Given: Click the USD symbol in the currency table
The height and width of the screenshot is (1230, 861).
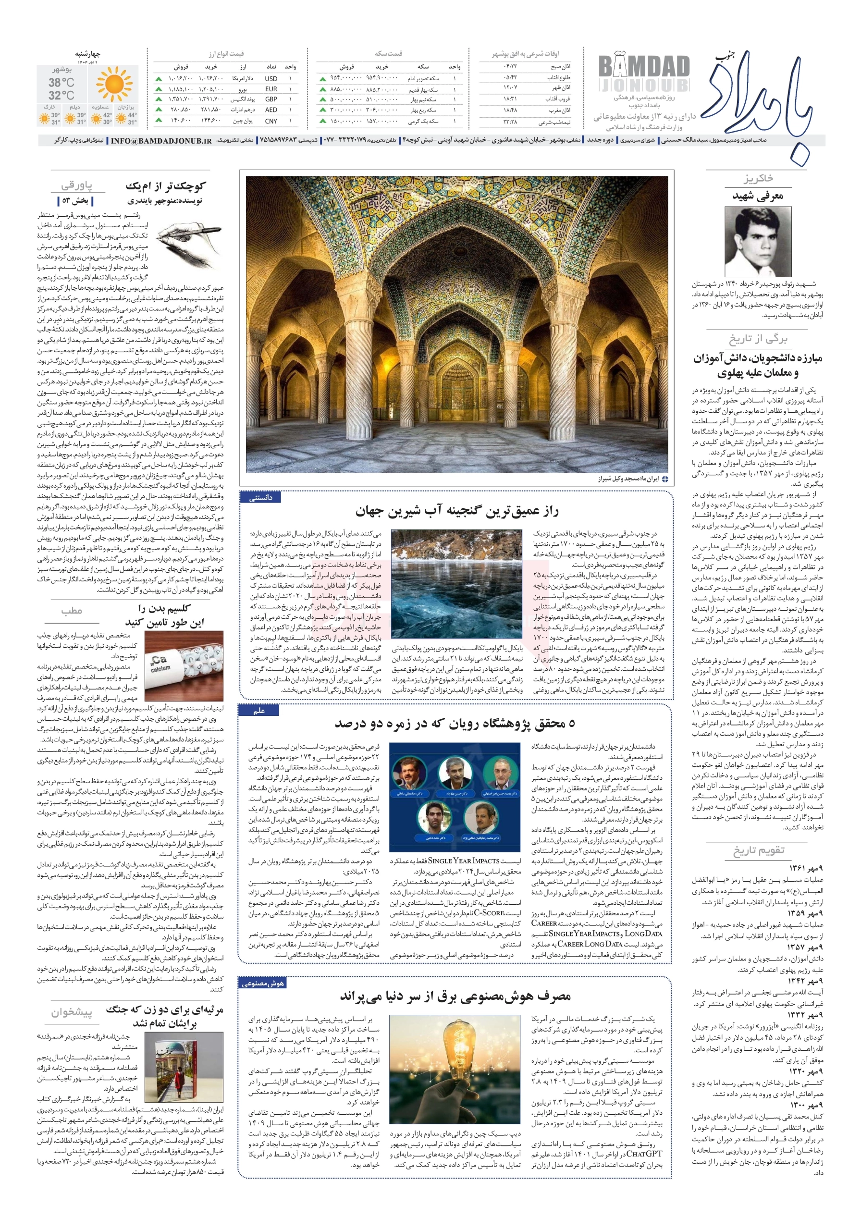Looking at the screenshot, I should click(x=271, y=79).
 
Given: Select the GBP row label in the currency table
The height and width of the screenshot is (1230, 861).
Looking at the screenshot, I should click(x=271, y=99).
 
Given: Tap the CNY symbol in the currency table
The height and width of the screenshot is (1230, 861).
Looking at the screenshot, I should click(x=271, y=121).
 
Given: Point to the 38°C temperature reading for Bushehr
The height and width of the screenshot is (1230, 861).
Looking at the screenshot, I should click(x=61, y=83).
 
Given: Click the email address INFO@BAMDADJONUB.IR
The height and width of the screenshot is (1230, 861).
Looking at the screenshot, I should click(x=161, y=141).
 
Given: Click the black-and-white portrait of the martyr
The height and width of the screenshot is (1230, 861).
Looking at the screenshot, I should click(x=758, y=242).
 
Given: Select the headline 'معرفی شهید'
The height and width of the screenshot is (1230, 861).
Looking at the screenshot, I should click(x=758, y=196).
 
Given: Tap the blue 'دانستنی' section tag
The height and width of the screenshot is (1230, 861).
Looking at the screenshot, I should click(x=261, y=498).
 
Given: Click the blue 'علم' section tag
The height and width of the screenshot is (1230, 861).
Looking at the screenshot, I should click(x=259, y=711).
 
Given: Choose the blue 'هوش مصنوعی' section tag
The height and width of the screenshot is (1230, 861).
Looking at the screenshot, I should click(x=262, y=983).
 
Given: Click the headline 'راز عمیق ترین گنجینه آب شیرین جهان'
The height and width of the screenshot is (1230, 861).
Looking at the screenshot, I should click(x=456, y=512).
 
